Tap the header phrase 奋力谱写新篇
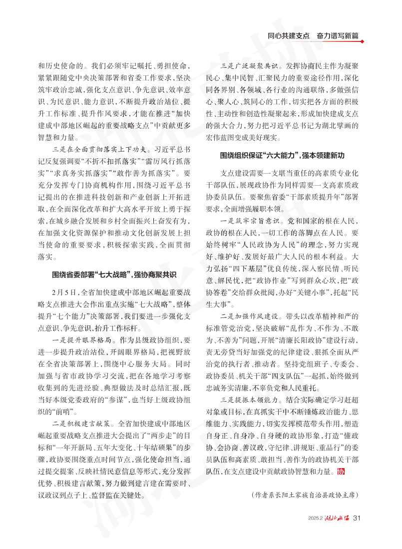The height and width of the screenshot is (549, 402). click(338, 36)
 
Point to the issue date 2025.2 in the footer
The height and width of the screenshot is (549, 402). click(317, 518)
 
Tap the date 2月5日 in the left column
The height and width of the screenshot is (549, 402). click(63, 290)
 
